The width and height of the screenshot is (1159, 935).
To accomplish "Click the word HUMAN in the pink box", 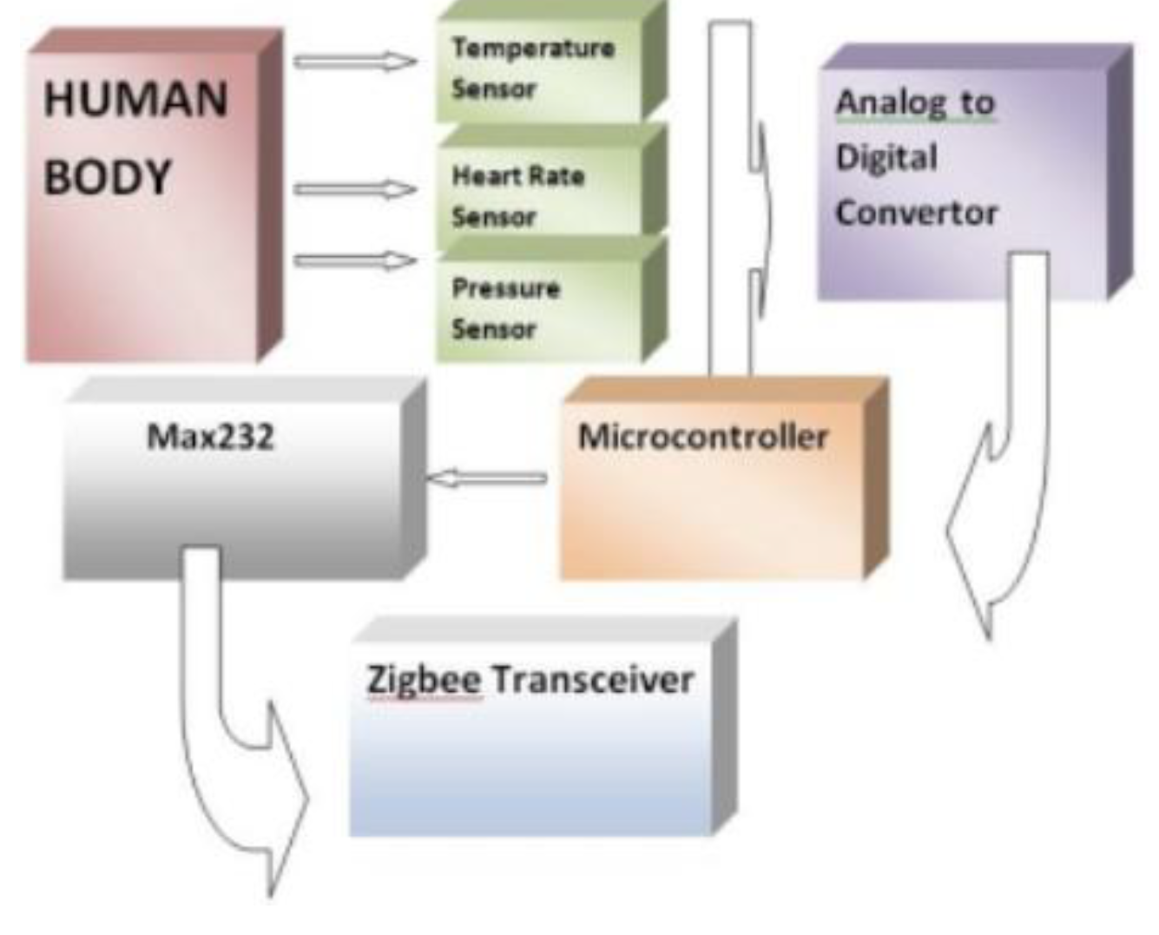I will [135, 98].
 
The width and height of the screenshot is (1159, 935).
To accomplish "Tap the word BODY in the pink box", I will [108, 178].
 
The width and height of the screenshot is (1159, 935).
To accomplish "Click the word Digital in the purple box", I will [886, 158].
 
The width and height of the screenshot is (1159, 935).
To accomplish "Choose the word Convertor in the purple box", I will [917, 213].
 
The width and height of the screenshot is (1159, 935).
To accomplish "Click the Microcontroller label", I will [703, 436].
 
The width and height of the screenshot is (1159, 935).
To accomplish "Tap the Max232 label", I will [210, 436].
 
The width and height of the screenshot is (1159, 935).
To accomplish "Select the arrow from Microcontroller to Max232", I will [486, 477].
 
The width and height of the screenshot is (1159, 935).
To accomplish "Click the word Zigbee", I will [424, 679].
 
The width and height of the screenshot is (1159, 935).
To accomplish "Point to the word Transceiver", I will [593, 679].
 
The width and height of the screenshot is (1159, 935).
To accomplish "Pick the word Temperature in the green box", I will [533, 48].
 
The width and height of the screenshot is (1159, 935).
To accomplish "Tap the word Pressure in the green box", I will [505, 288].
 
